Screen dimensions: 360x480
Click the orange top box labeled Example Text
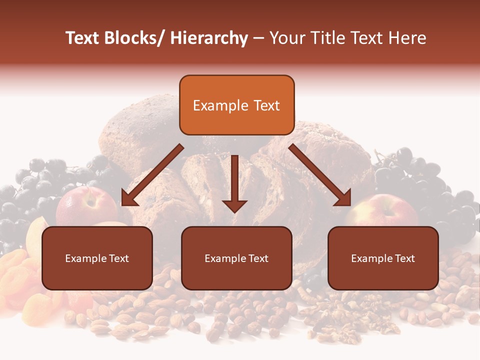(x=236, y=105)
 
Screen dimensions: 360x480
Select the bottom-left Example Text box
(x=97, y=258)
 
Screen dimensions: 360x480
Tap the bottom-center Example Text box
(x=236, y=258)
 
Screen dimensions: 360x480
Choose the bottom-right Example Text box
(x=383, y=258)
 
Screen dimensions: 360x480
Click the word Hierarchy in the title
(x=209, y=38)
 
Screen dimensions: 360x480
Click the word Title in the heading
(x=327, y=38)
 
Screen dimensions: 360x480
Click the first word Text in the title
(x=83, y=38)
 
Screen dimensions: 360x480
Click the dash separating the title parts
(x=258, y=38)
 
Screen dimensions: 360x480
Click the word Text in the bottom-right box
(x=404, y=258)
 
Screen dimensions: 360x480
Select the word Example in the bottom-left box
(x=86, y=258)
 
